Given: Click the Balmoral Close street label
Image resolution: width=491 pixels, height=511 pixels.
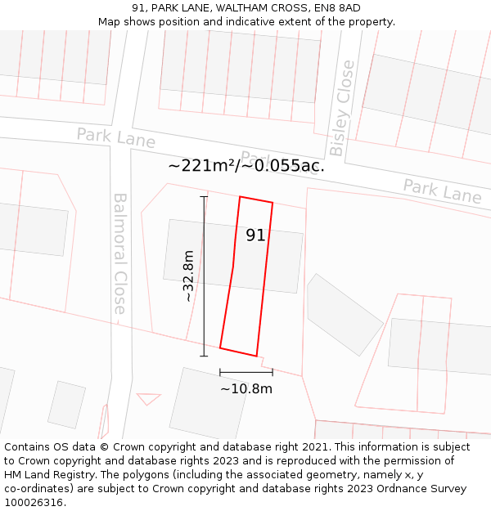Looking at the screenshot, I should [x=120, y=254].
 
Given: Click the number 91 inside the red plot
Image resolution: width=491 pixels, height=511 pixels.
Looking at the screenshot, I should [x=255, y=235].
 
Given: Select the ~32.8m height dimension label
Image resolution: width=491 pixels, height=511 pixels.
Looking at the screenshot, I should [x=189, y=276].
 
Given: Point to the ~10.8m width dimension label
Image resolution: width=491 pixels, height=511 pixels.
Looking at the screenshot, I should [x=246, y=389].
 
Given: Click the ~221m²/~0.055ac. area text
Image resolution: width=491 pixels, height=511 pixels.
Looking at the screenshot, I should [x=246, y=166].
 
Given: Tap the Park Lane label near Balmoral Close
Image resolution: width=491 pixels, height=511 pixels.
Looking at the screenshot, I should [x=116, y=137].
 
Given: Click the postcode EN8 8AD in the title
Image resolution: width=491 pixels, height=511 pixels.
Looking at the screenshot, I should [x=336, y=8].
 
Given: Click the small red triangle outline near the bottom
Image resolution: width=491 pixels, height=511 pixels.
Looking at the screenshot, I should [x=148, y=398].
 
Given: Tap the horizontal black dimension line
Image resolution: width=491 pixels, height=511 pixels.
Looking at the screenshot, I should [x=246, y=372].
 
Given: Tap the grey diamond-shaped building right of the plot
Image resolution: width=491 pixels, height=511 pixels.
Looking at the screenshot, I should [x=345, y=315].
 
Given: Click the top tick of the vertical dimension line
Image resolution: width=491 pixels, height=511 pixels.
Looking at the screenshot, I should [x=204, y=197].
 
